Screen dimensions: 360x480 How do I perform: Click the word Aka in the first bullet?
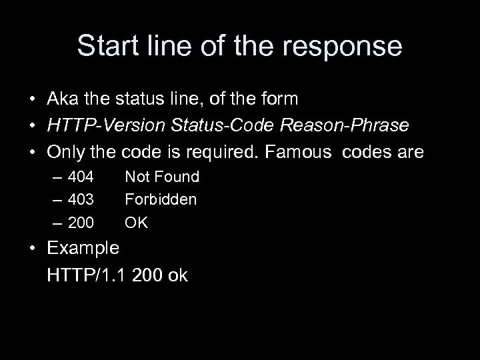tap(61, 99)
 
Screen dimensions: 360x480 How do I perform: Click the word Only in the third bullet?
tap(63, 153)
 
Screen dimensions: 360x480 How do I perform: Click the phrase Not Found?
tap(162, 177)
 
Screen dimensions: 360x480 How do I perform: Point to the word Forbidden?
tap(161, 199)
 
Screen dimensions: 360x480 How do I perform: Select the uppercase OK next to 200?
tap(137, 222)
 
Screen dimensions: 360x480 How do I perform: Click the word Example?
tap(83, 249)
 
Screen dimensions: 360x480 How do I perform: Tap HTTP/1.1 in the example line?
tap(87, 275)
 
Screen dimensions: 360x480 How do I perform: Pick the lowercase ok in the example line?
tap(177, 275)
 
